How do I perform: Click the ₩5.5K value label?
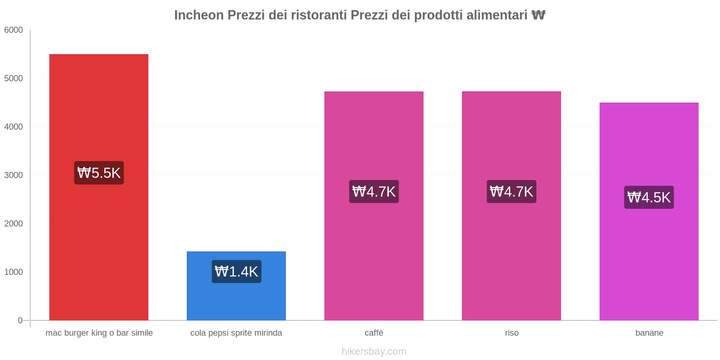(99, 173)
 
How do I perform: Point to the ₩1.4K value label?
(236, 271)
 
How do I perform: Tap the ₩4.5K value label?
(649, 197)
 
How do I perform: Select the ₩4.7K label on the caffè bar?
(374, 192)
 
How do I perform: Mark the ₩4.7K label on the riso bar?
(511, 192)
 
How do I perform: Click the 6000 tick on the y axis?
(13, 30)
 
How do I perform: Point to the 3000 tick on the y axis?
(13, 175)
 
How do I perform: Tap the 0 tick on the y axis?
(20, 320)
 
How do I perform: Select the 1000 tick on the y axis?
(13, 272)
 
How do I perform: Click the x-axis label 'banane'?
(649, 333)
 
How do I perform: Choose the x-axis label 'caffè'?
(374, 333)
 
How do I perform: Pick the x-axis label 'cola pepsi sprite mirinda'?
(236, 333)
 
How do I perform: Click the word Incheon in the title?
(199, 15)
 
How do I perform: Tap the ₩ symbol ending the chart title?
(538, 15)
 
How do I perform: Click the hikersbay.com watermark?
(374, 351)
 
